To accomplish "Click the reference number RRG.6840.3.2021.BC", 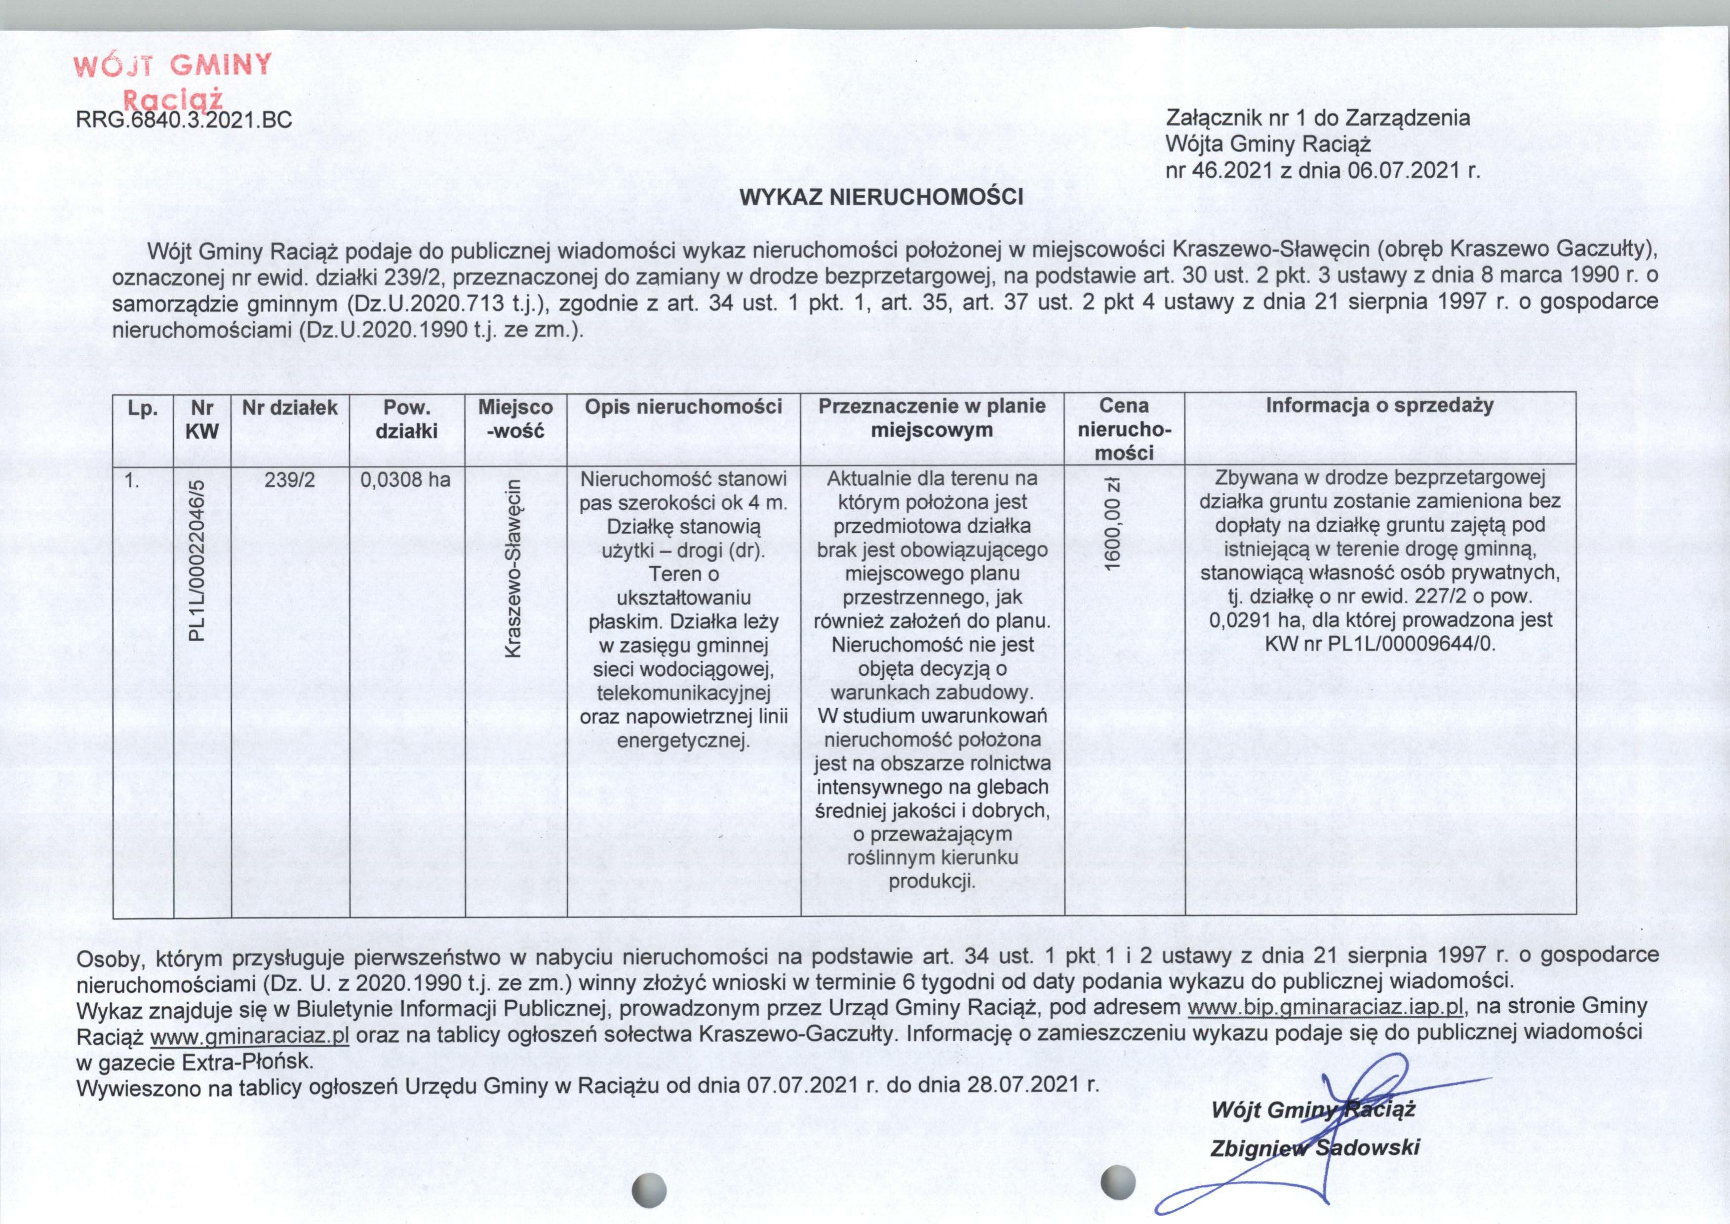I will [x=184, y=119].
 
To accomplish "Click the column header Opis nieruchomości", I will [x=683, y=408].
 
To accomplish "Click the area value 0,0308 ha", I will [x=406, y=479].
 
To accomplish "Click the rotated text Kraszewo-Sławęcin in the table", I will [x=515, y=569].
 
